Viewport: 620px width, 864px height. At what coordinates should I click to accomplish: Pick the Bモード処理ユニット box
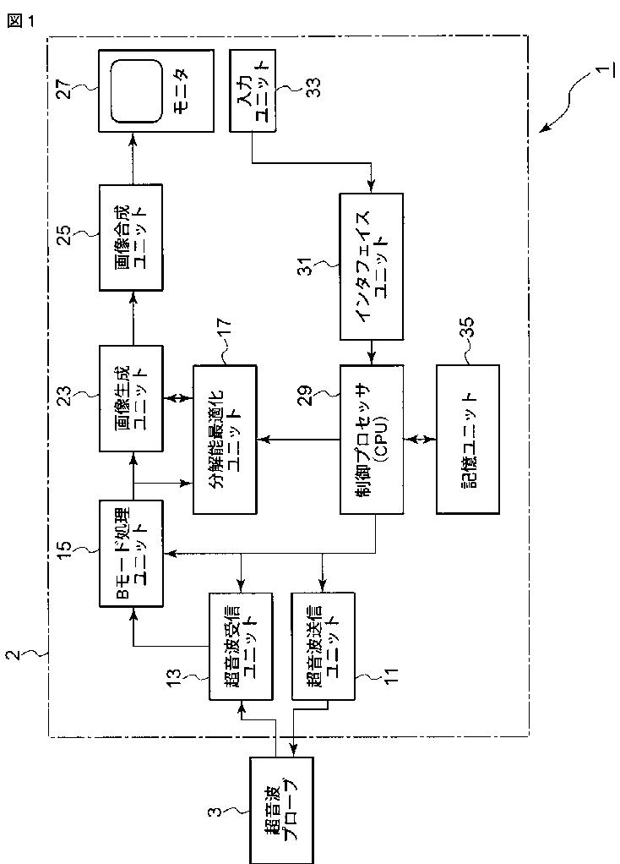(x=130, y=554)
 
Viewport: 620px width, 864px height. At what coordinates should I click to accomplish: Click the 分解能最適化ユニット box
(x=225, y=439)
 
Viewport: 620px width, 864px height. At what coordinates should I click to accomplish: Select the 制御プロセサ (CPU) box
(x=372, y=439)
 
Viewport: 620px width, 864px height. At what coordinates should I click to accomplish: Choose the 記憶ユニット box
(x=467, y=439)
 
